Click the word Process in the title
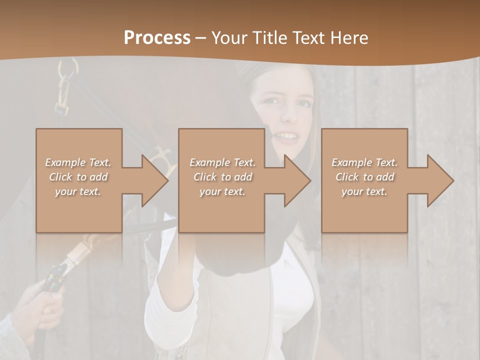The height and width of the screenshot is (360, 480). click(x=157, y=38)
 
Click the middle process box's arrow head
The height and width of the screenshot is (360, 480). click(x=294, y=181)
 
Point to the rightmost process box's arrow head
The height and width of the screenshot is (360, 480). click(x=437, y=181)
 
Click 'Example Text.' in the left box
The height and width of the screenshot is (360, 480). click(x=78, y=162)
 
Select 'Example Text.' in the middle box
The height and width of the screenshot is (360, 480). click(x=222, y=162)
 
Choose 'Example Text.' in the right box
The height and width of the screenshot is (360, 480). click(x=364, y=162)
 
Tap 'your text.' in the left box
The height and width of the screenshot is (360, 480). click(x=78, y=191)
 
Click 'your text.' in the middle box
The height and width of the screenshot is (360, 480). click(x=222, y=191)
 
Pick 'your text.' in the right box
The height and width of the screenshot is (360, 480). click(x=364, y=191)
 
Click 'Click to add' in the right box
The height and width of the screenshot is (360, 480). click(x=364, y=177)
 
